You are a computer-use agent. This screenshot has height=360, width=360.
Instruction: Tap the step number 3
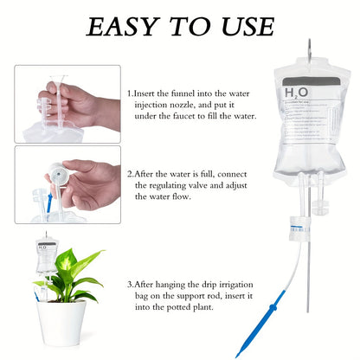[130, 284]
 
